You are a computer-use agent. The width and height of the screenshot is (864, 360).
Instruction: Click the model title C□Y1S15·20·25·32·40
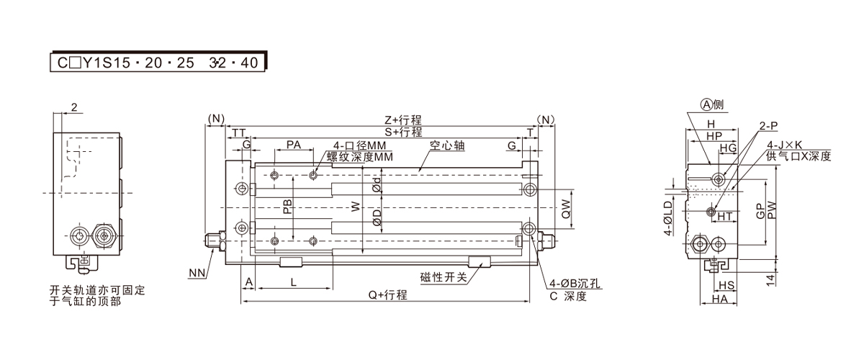[x=158, y=63]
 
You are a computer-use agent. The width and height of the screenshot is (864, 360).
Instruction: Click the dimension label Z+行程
[x=403, y=121]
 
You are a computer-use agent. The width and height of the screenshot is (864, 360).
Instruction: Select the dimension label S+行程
[x=403, y=132]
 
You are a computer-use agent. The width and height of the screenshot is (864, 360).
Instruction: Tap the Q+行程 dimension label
[x=388, y=295]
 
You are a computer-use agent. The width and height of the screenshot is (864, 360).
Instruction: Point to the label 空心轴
[x=449, y=145]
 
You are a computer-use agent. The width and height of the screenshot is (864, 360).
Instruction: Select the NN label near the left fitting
[x=197, y=273]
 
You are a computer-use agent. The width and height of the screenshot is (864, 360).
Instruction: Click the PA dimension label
[x=294, y=145]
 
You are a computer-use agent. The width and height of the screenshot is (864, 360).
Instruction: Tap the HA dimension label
[x=719, y=298]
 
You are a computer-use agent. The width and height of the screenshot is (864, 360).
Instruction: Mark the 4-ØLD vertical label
[x=668, y=219]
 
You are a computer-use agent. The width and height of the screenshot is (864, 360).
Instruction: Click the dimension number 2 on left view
[x=74, y=108]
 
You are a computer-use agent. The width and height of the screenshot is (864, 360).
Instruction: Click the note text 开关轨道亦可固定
[x=97, y=289]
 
